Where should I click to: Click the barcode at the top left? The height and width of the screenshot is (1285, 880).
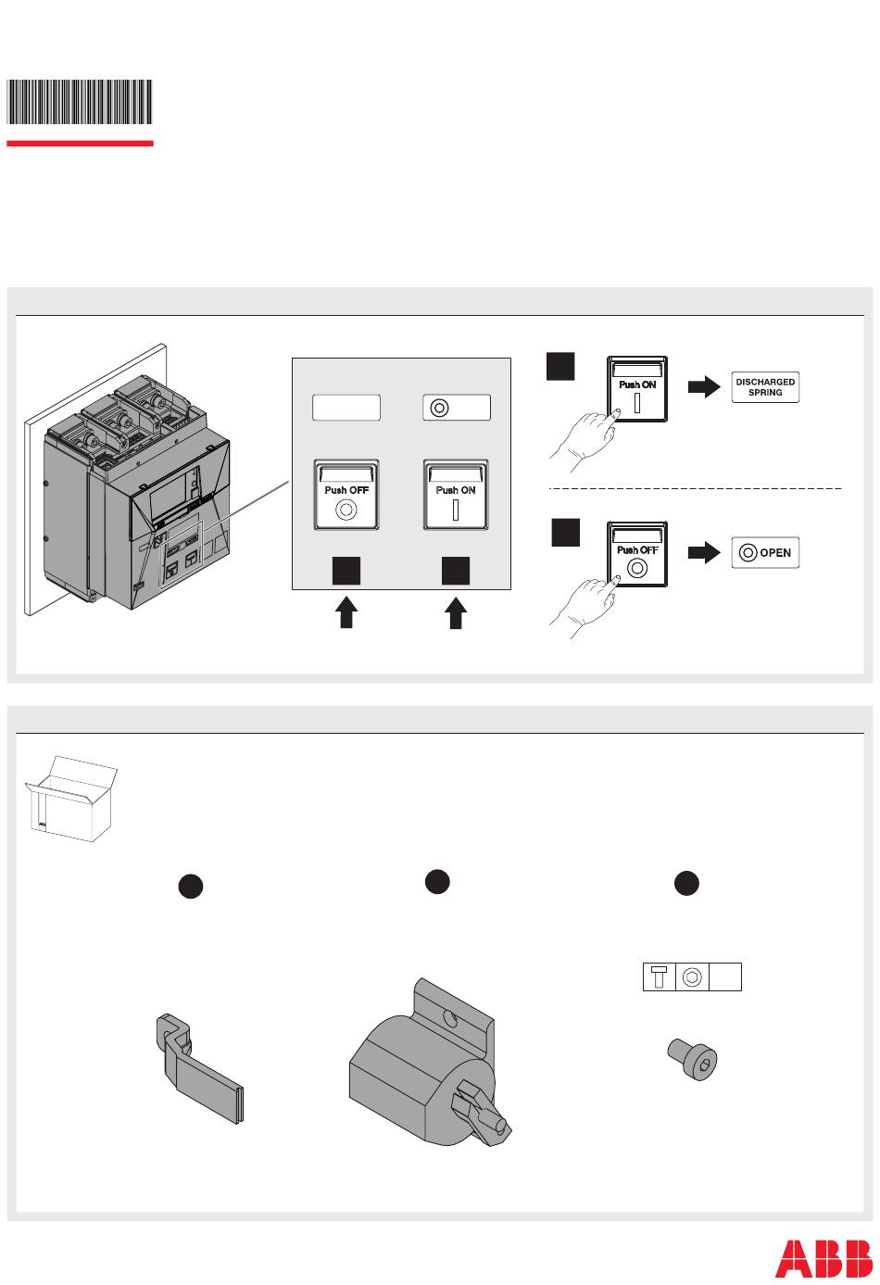[80, 102]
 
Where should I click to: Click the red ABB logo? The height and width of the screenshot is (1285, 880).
[823, 1257]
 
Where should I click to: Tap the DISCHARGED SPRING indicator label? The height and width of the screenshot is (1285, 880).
[765, 387]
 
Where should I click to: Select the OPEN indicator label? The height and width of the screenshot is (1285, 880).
[765, 553]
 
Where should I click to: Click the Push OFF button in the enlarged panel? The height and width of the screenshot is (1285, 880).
[346, 495]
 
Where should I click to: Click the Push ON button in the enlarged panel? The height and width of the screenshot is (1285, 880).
[456, 495]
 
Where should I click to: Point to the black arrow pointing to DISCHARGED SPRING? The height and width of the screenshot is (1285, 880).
[703, 387]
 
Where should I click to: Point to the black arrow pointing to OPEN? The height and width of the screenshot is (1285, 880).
[703, 554]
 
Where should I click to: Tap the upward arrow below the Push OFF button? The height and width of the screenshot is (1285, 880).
[346, 612]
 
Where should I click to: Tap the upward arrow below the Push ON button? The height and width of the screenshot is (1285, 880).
[455, 612]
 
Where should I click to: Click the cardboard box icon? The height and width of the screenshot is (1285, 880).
[70, 798]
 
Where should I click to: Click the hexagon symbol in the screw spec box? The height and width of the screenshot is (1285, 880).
[692, 977]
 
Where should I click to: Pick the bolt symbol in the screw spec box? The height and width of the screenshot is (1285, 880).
[659, 977]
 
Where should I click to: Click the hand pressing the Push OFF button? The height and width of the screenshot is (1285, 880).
[584, 602]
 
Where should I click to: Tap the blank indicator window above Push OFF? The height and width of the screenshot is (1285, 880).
[346, 408]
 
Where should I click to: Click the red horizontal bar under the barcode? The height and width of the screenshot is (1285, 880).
[80, 144]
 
